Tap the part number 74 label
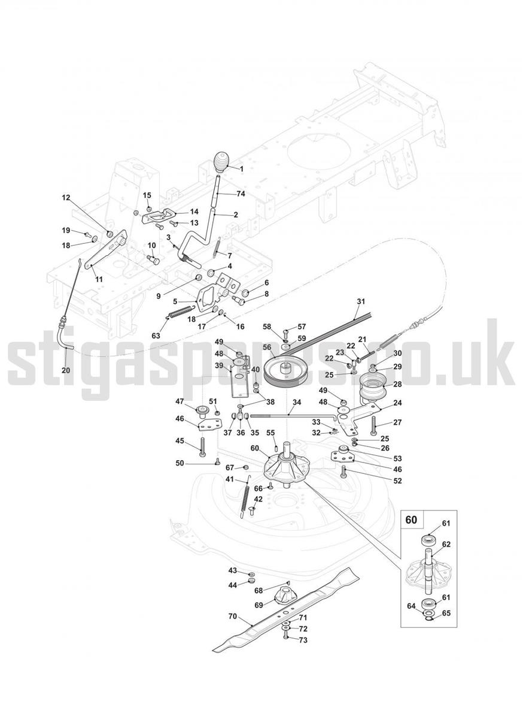241,194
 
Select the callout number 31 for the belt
361,302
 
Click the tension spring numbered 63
180,313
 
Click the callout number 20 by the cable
66,370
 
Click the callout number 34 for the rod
297,403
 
